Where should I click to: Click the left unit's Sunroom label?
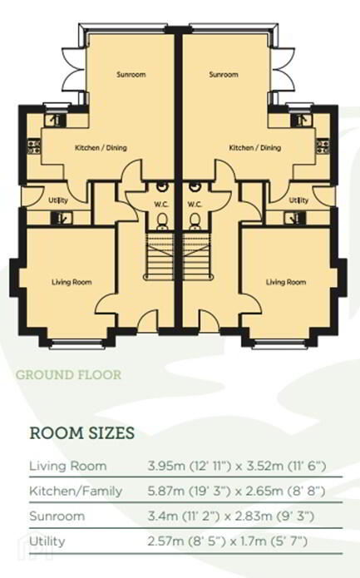click(x=131, y=75)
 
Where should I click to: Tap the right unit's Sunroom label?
click(x=224, y=75)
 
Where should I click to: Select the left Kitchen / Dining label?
click(x=101, y=148)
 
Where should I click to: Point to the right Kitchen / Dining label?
click(x=255, y=148)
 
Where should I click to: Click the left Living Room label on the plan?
click(x=72, y=283)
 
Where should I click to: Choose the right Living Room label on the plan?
click(x=286, y=283)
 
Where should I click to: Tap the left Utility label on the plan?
click(x=58, y=200)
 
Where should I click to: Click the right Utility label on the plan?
click(x=298, y=200)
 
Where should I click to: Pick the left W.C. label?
click(x=161, y=205)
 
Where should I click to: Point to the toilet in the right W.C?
click(x=195, y=221)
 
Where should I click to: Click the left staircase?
click(x=159, y=256)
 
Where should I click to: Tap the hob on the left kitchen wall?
click(x=34, y=146)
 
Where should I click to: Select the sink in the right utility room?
click(x=295, y=218)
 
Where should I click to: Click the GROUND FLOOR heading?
click(x=68, y=375)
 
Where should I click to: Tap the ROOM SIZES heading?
click(x=81, y=433)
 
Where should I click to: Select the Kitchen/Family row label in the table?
click(x=76, y=492)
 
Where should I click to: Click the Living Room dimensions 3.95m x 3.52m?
click(x=237, y=467)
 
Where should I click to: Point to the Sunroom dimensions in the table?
click(x=231, y=516)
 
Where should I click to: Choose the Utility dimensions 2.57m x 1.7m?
click(x=227, y=541)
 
